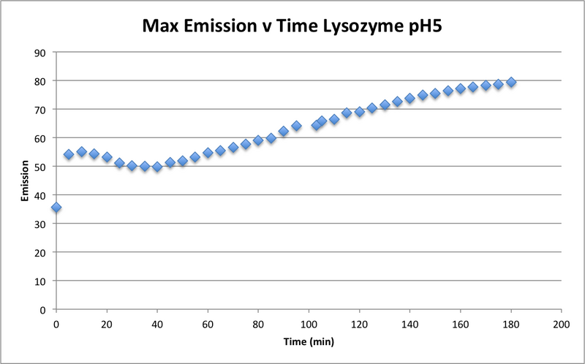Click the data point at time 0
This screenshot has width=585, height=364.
coord(56,208)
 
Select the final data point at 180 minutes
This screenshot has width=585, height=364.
coord(511,82)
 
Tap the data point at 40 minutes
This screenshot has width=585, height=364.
coord(156,167)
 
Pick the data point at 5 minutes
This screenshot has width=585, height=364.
coord(69,154)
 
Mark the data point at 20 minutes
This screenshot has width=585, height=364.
coord(107,157)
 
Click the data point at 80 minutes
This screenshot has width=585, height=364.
coord(258,140)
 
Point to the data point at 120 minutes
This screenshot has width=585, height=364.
coord(359,112)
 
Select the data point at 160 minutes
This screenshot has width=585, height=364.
coord(460,88)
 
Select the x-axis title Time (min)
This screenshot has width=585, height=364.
coord(308,341)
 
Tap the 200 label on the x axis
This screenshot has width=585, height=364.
coord(562,322)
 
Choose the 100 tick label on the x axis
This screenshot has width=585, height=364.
coord(309,322)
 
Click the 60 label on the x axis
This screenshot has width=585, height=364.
coord(208,322)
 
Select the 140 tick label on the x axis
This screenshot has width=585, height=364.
coord(409,322)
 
